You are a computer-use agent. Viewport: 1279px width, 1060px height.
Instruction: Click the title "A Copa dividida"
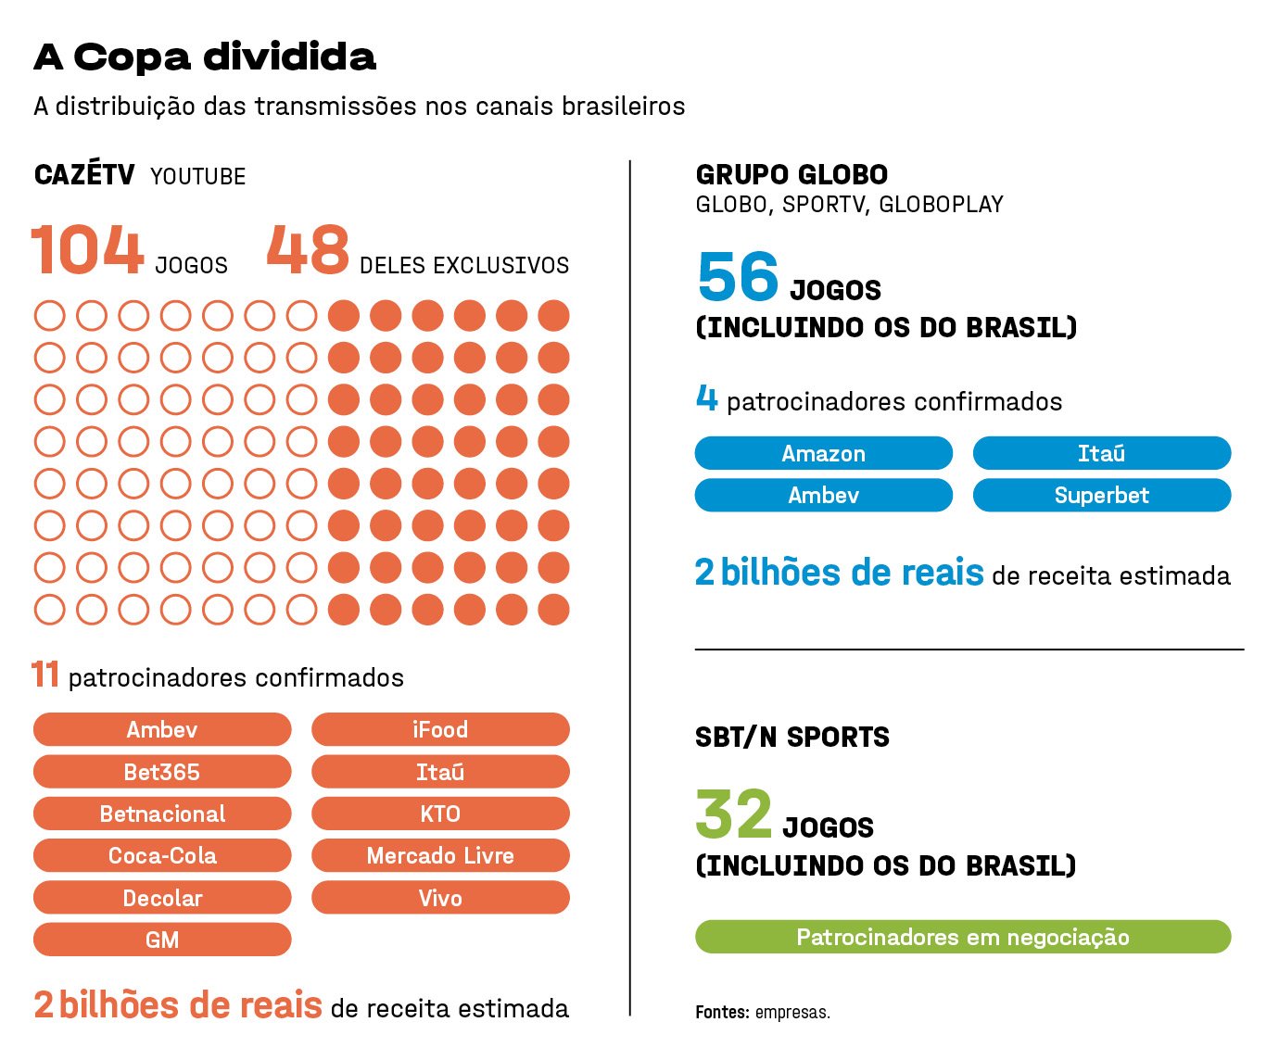click(x=205, y=57)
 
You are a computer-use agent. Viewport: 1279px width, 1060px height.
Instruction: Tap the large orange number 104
click(x=88, y=250)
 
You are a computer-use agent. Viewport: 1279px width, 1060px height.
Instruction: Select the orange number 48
click(x=308, y=250)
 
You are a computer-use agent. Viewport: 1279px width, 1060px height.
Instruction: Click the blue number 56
click(x=738, y=277)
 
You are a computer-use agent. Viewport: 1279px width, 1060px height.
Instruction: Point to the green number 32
click(x=733, y=814)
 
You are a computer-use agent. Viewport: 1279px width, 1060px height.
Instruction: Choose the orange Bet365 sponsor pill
click(x=162, y=772)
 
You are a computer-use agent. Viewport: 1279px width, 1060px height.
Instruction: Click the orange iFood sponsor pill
click(x=440, y=730)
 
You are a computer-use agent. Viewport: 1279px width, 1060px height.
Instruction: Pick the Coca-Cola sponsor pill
click(x=162, y=856)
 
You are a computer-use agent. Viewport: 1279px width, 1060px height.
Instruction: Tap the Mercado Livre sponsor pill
click(x=440, y=856)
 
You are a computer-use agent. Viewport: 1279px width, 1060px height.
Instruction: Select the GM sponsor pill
click(x=162, y=940)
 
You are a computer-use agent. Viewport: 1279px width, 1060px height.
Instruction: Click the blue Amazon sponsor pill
click(x=823, y=454)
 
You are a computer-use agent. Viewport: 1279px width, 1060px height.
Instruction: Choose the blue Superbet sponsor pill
click(x=1101, y=496)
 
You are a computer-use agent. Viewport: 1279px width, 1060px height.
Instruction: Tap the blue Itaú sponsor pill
click(x=1101, y=454)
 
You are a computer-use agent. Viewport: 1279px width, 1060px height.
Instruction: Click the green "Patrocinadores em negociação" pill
click(x=962, y=937)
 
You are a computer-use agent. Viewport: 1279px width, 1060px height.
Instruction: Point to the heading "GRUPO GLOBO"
click(x=791, y=175)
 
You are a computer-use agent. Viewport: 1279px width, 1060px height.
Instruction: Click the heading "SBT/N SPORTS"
click(x=791, y=738)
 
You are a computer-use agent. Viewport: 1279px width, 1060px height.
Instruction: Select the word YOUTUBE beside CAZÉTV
click(x=198, y=177)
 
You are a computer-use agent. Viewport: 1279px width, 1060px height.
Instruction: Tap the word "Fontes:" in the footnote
click(x=722, y=1013)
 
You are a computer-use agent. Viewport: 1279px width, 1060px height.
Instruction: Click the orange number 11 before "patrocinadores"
click(x=45, y=675)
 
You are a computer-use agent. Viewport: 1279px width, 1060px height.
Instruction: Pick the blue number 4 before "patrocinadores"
click(x=706, y=398)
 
